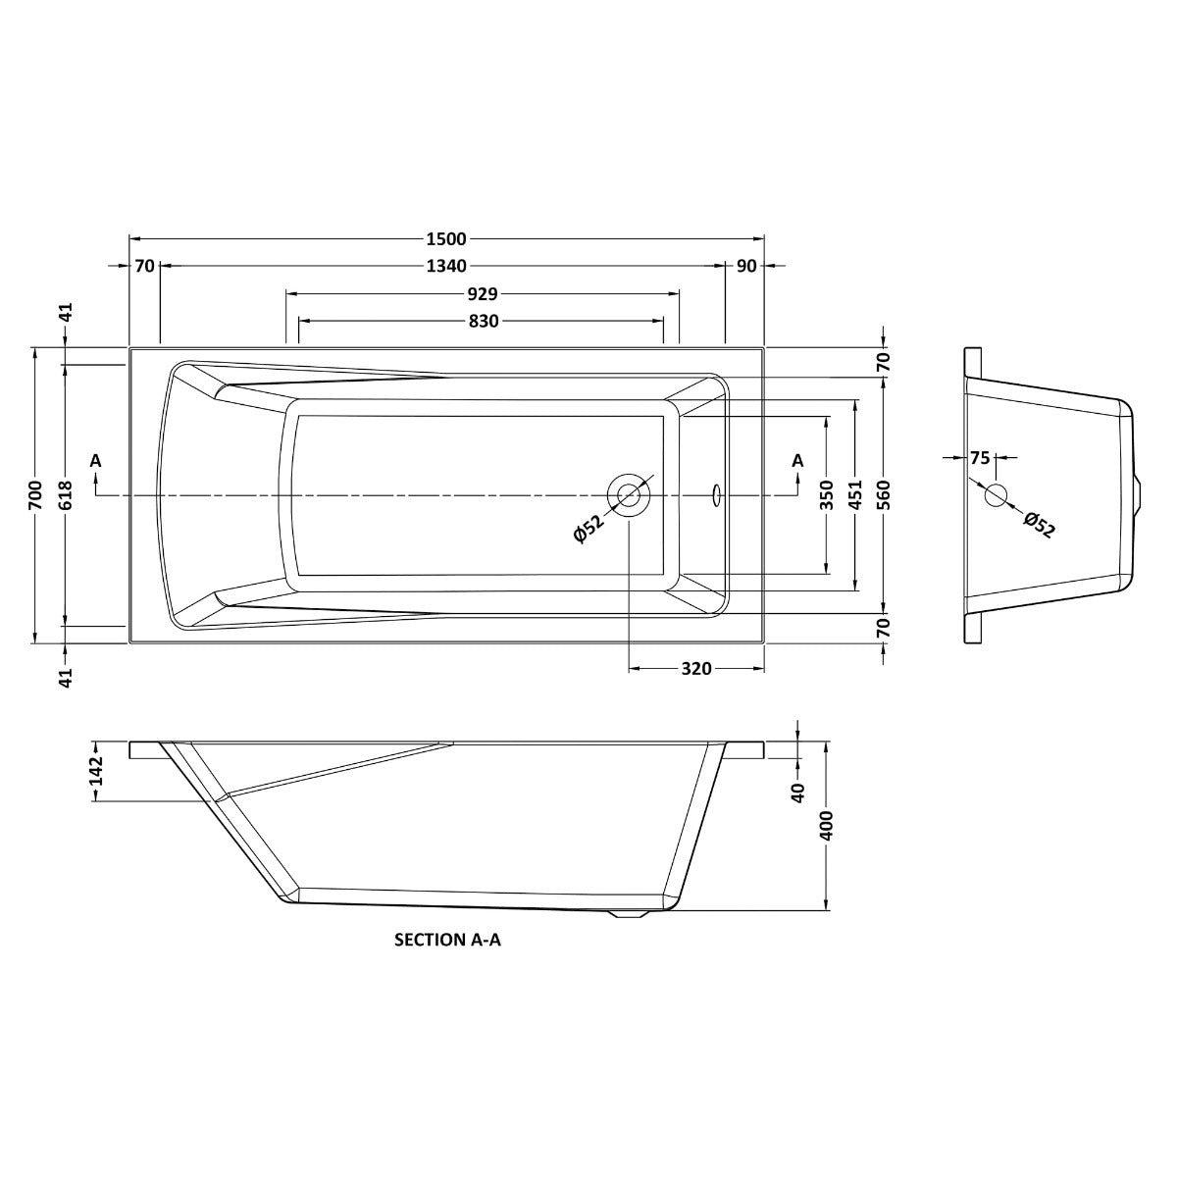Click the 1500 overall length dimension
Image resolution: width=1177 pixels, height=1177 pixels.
(446, 238)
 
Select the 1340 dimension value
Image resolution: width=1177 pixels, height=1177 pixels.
(446, 266)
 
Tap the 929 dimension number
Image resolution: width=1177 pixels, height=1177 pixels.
(483, 294)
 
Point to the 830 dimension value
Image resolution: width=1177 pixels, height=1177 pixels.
(484, 321)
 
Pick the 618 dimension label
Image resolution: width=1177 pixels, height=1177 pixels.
(66, 494)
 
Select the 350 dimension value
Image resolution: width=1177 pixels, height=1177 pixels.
(827, 494)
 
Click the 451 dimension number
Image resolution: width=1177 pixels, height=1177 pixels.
(854, 494)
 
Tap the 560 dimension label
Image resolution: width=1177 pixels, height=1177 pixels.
(883, 494)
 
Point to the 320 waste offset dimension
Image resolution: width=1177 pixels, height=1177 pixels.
(696, 669)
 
